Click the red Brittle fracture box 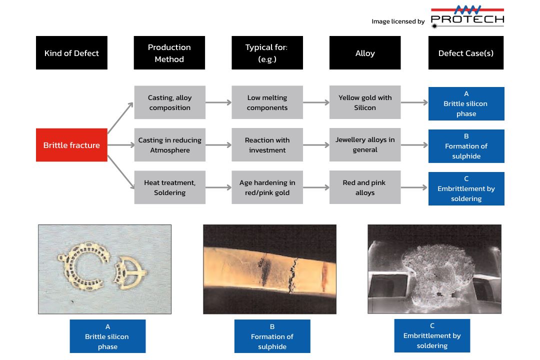click(x=71, y=145)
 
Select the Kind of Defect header click(x=71, y=52)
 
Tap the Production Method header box click(x=169, y=52)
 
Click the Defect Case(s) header click(x=466, y=52)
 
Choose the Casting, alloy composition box click(x=170, y=102)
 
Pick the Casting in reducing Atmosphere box click(x=170, y=145)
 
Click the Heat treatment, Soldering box click(x=170, y=187)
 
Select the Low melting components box click(x=267, y=102)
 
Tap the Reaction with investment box click(x=267, y=145)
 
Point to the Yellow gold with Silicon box click(x=365, y=102)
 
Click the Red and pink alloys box click(x=365, y=187)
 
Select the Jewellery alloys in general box click(x=365, y=144)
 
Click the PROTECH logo click(x=467, y=17)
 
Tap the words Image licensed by click(x=398, y=21)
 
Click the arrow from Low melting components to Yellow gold click(x=316, y=102)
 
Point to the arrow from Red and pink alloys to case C click(x=414, y=187)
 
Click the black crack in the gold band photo click(x=292, y=275)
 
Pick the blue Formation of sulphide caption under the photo click(x=272, y=336)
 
